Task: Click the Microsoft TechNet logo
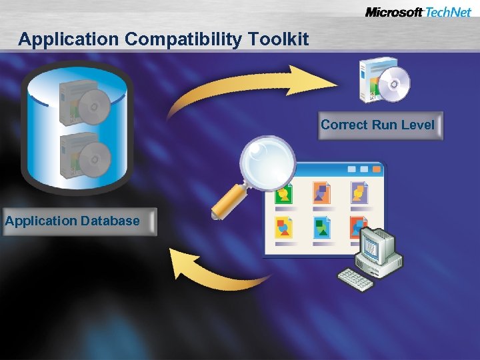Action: pos(418,12)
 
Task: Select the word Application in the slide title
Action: pos(69,39)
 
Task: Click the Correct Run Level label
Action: pos(377,125)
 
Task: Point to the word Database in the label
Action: pos(110,221)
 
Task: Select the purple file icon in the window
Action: pos(360,193)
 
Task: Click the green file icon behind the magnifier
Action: pos(284,194)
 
